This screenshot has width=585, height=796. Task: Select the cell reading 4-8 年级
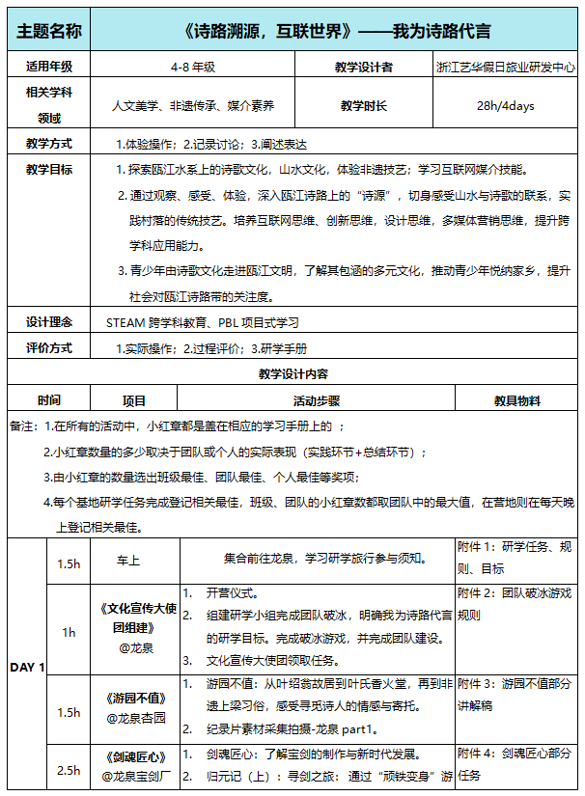coord(191,67)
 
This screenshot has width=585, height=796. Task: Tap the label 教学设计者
coord(364,67)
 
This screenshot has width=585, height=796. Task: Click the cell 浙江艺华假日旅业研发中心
coord(505,68)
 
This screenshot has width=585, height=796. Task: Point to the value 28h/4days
coord(505,105)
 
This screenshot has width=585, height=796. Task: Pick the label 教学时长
coord(364,105)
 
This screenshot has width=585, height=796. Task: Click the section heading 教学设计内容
coord(292,373)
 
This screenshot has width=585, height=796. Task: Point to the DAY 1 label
coord(27,667)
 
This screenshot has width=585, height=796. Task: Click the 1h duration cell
coord(69,632)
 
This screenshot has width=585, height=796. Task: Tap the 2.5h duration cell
coord(69,770)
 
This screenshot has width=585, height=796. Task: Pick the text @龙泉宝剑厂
coord(134,775)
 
